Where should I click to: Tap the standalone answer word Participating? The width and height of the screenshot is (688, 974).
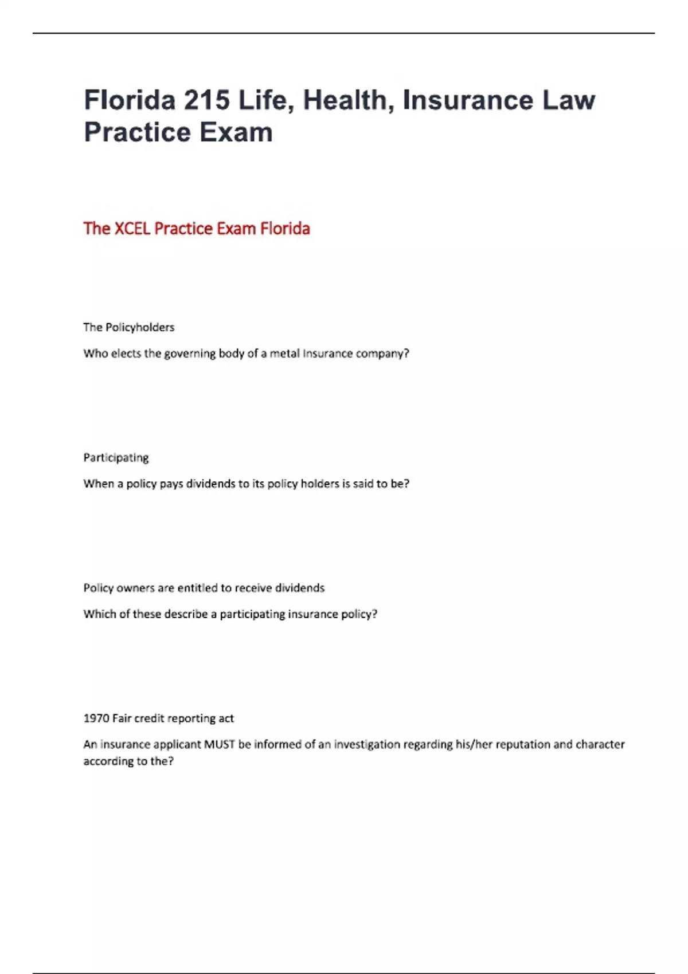[x=116, y=457]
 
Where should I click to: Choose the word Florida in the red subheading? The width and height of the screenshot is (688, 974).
[x=285, y=229]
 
